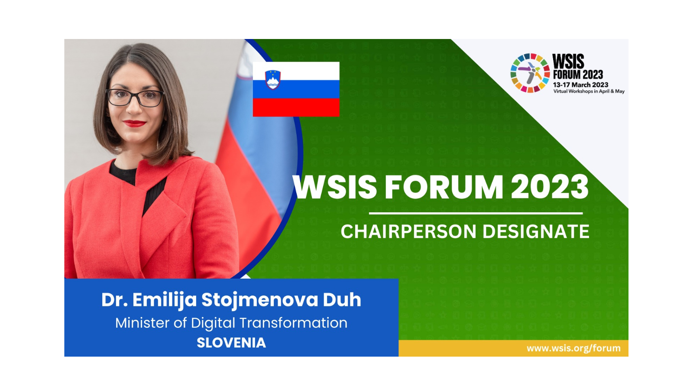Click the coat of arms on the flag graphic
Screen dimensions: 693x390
[273, 80]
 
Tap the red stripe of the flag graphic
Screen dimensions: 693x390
[296, 107]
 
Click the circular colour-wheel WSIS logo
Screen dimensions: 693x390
[530, 73]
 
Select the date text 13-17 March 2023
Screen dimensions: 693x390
[581, 85]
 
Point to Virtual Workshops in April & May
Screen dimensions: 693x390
[589, 91]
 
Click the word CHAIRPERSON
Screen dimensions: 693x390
[408, 231]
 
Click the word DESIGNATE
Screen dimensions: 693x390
[536, 231]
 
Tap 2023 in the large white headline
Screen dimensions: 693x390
[550, 187]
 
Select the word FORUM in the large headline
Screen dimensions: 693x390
[444, 187]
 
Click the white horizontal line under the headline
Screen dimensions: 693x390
[476, 213]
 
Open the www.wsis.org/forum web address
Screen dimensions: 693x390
[573, 348]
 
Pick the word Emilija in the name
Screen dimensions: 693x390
[165, 300]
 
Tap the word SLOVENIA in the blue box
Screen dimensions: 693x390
[231, 343]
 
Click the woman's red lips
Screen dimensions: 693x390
[135, 123]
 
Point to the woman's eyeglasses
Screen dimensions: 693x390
[135, 98]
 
